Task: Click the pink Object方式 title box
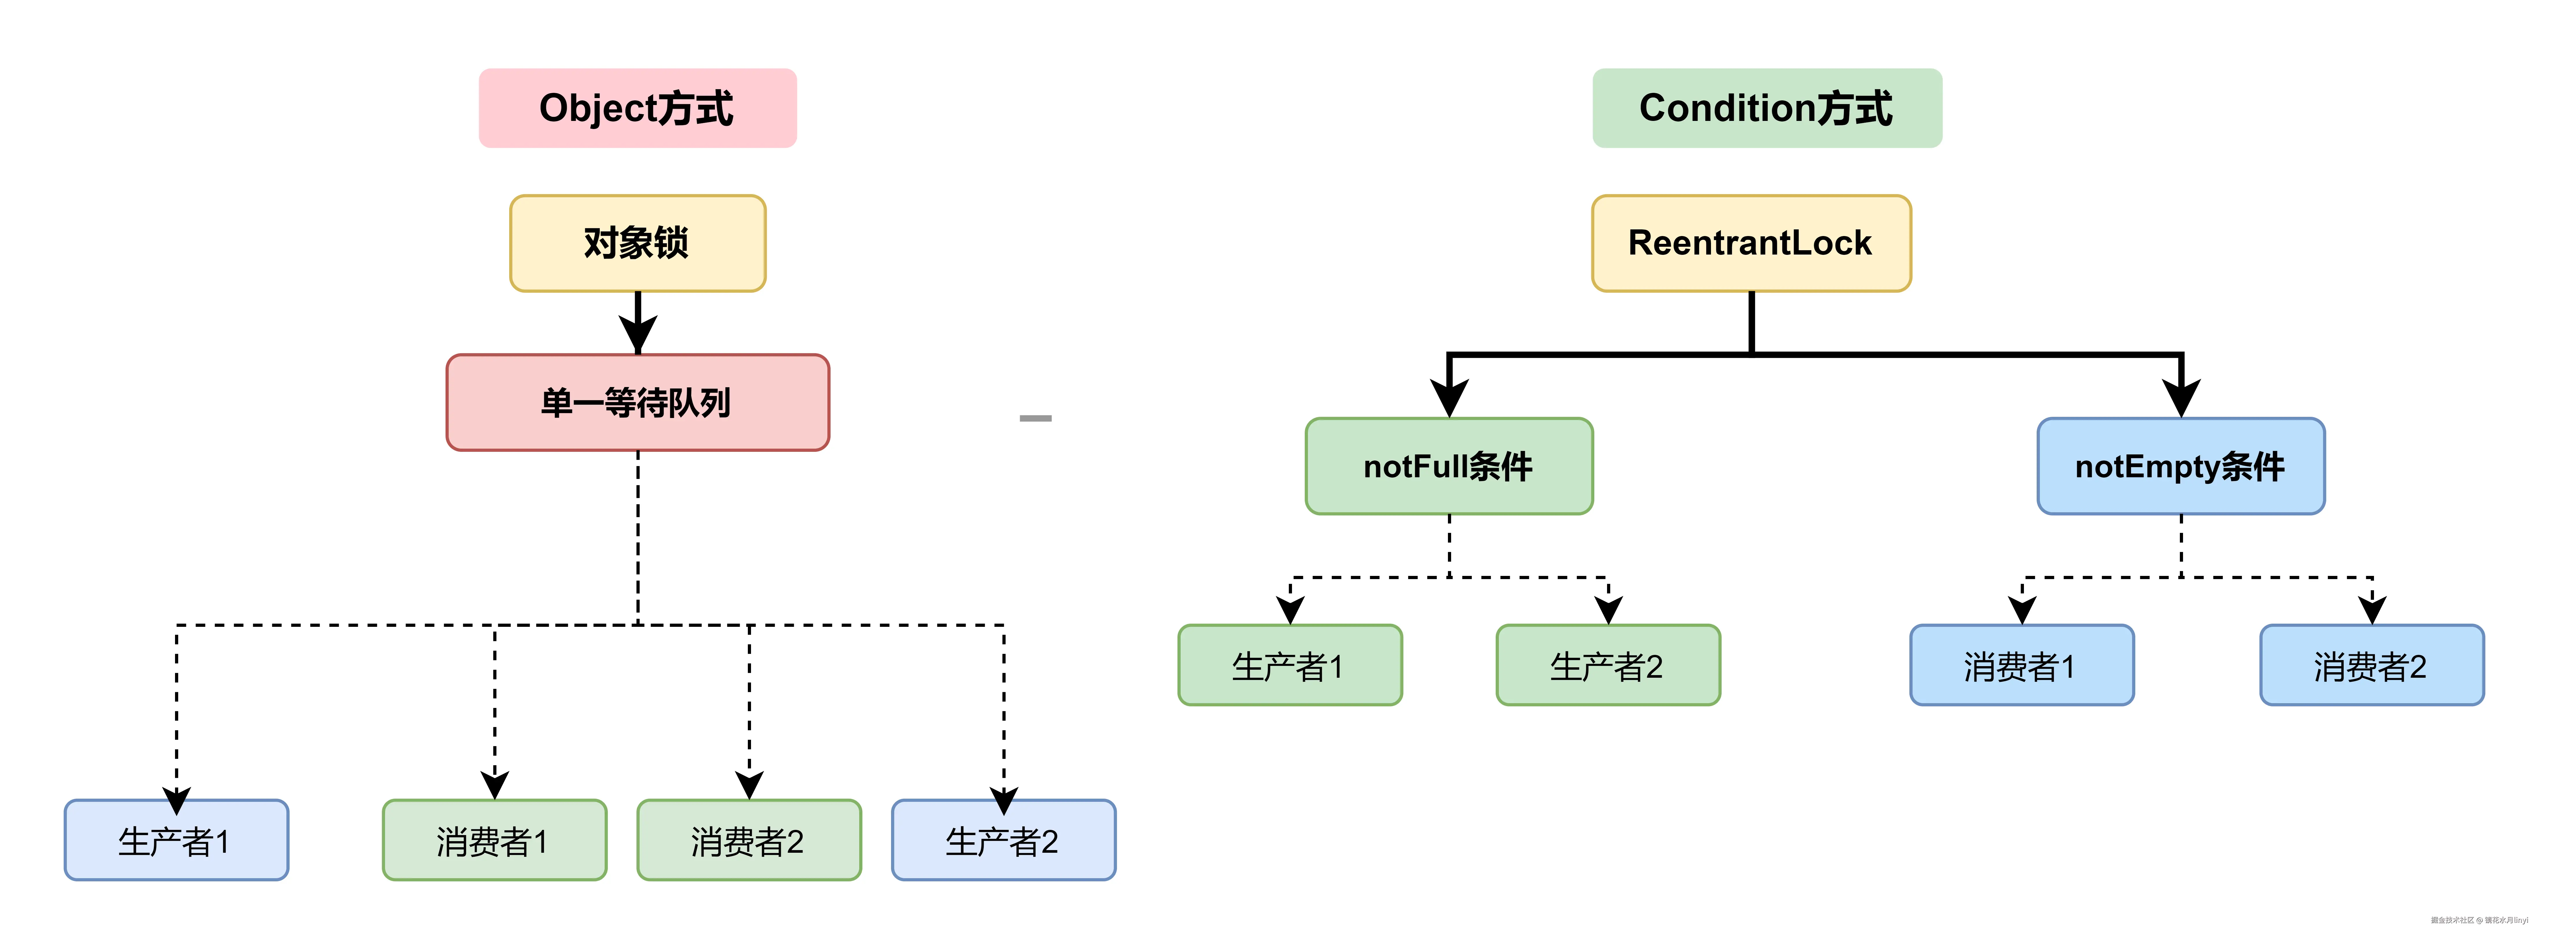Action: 637,108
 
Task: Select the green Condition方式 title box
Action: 1766,108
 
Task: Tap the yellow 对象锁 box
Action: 637,242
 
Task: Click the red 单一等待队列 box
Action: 637,402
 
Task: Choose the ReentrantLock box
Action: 1751,242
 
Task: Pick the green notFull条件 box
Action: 1449,465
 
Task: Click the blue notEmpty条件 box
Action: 2180,465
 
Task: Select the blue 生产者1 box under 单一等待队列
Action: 176,840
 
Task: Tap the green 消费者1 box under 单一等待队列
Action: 494,840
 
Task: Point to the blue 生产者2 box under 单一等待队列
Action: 1003,840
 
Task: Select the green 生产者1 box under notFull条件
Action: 1289,665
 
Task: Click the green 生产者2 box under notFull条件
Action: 1608,665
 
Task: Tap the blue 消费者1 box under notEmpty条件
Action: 2022,665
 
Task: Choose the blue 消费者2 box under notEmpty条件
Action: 2372,665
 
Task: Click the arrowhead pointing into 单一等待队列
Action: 637,334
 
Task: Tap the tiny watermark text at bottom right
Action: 2479,920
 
